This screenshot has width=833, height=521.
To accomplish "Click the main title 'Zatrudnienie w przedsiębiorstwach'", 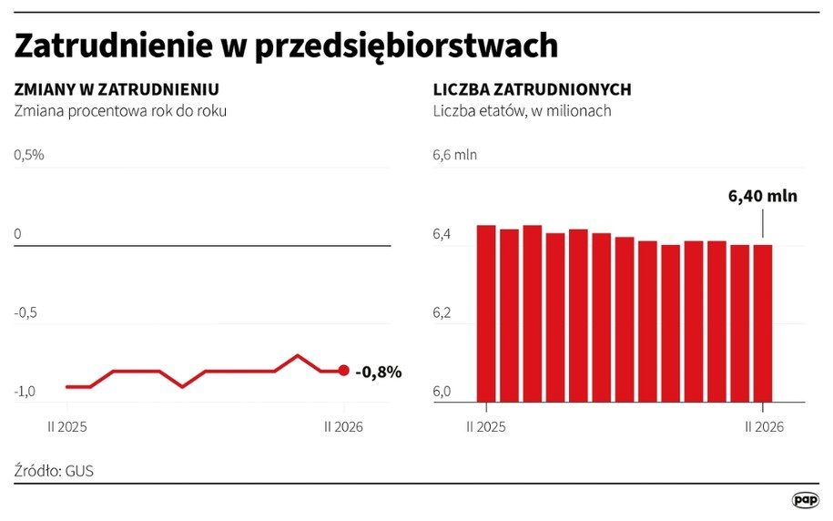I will pos(286,45).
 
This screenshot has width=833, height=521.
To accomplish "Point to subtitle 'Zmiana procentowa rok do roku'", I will pos(119,111).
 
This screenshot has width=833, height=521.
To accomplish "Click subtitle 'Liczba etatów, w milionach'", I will pos(522,111).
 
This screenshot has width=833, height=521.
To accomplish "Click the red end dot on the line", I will pos(343,371).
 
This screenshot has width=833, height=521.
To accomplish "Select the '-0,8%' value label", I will pos(378,372).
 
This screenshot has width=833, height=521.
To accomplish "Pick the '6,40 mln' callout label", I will pos(763,195).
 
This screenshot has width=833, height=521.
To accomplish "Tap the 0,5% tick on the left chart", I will pos(28,155).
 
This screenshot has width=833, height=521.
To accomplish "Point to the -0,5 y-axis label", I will pos(25,312).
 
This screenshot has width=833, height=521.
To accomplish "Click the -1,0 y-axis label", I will pos(25,392).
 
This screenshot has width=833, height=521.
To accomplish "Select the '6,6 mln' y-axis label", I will pos(454,155).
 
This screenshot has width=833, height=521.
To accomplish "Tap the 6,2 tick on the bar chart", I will pos(442,312).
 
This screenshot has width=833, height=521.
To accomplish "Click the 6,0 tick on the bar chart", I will pos(442,392).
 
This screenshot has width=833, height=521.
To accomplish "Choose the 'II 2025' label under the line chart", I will pos(67,426).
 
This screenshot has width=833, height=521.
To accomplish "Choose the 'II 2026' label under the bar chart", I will pos(764,426).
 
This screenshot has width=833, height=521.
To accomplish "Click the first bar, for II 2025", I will pos(486,313).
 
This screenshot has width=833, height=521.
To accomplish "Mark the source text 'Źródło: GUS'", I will pos(54,471).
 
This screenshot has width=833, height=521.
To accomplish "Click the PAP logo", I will pos(805,499).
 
